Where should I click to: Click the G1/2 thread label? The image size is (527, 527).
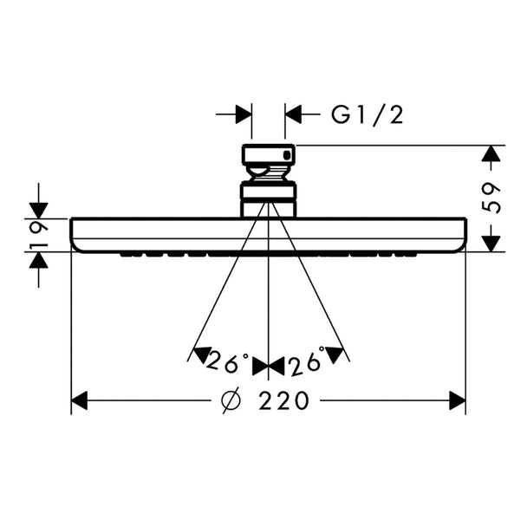click(367, 115)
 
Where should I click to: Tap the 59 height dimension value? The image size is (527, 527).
click(491, 198)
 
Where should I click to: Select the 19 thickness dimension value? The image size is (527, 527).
click(39, 234)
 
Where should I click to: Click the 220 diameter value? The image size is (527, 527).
click(284, 400)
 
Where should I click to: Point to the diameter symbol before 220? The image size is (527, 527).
click(231, 400)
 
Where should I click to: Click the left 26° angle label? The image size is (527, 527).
click(226, 362)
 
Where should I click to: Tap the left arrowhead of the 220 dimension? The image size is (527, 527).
click(80, 400)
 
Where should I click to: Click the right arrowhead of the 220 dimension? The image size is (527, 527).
click(458, 400)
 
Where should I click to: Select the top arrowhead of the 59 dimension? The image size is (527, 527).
click(491, 153)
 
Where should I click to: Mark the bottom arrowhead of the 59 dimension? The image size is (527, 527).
click(491, 244)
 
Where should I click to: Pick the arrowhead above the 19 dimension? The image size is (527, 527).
click(39, 211)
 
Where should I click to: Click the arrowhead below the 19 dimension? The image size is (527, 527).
click(39, 260)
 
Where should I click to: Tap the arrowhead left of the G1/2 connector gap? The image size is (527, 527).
click(244, 114)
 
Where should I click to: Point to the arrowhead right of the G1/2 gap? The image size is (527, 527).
click(293, 114)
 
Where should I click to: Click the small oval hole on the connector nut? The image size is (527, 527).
click(287, 155)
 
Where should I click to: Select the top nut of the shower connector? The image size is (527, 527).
click(268, 154)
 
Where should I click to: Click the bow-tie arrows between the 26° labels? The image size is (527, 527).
click(268, 367)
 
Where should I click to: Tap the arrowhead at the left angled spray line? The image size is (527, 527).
click(202, 355)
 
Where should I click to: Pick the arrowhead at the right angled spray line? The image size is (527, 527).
click(335, 355)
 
